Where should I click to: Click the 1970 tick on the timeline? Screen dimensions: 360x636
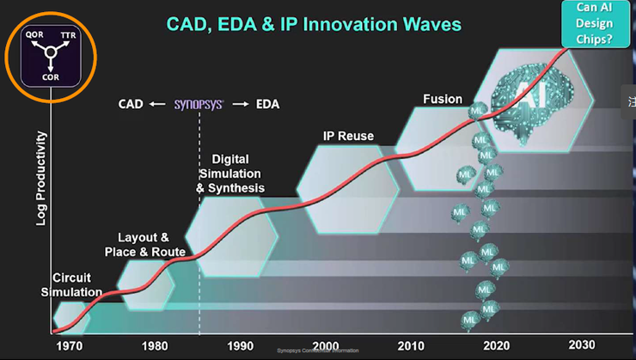65,345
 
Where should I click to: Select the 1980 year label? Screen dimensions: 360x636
154,345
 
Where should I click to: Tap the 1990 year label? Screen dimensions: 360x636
240,345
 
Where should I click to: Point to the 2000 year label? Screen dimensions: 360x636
326,345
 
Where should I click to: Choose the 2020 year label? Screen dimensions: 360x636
496,345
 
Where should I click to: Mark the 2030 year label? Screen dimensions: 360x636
581,345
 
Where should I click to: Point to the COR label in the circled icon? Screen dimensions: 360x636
51,75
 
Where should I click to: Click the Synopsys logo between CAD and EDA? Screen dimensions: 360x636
199,105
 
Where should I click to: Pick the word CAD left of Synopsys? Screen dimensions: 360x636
131,105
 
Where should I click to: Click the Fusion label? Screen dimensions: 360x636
443,99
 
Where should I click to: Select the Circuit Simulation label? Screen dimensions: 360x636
77,285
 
